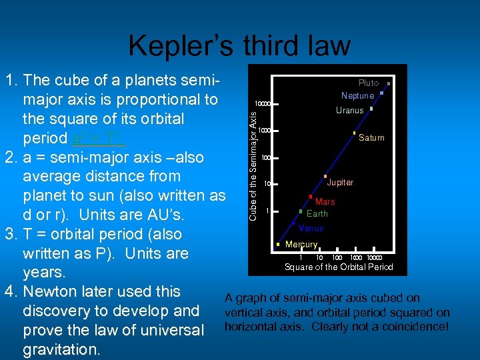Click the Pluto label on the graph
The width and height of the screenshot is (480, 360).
pos(369,83)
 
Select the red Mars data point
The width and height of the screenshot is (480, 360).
pos(311,197)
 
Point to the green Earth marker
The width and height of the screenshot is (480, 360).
pos(301,211)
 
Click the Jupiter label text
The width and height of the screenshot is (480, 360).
pos(340,183)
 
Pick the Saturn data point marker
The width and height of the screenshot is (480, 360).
pos(354,134)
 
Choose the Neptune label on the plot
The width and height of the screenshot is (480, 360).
pos(357,96)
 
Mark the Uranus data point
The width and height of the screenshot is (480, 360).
pos(371,108)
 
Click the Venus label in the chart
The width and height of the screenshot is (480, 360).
pos(311,229)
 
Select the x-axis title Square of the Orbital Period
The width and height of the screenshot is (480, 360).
pos(339,267)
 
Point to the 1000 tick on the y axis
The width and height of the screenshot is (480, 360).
pos(264,130)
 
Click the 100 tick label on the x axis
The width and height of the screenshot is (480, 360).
pos(337,257)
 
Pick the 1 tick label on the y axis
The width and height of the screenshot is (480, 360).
pos(267,211)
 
